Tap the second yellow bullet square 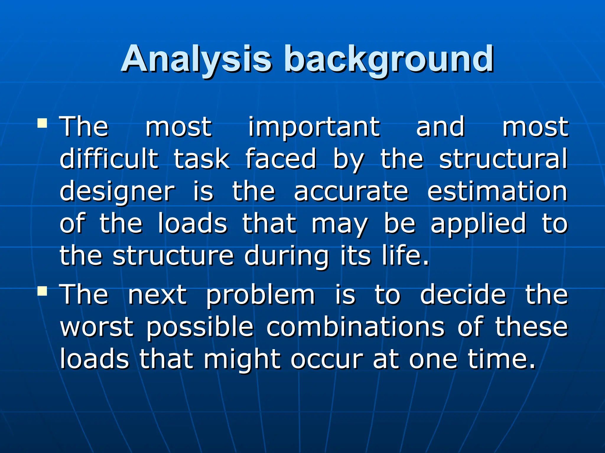43,291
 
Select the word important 314,127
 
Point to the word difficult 109,159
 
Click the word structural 503,159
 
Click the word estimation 497,192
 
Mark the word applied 478,224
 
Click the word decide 463,295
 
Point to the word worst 97,327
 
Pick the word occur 326,360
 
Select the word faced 281,159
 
